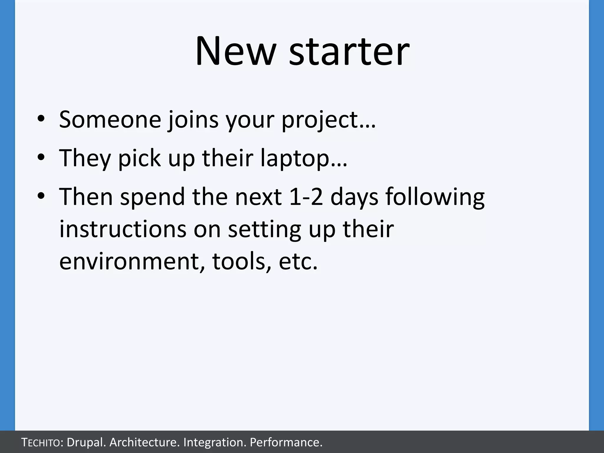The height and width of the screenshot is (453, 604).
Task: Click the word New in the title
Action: coord(235,52)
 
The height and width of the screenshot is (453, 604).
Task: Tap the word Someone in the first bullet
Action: coord(110,119)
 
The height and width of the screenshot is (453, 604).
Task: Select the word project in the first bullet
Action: coord(319,120)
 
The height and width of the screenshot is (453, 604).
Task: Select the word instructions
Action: coord(123,229)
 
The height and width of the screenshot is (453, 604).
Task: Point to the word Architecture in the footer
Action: coord(144,442)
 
